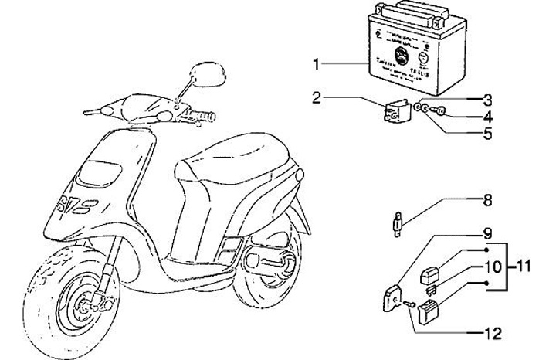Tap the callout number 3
pos(487,100)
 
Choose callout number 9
pos(487,232)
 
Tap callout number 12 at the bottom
pos(491,334)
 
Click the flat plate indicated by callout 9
pos(393,296)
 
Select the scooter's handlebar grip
pos(205,117)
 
